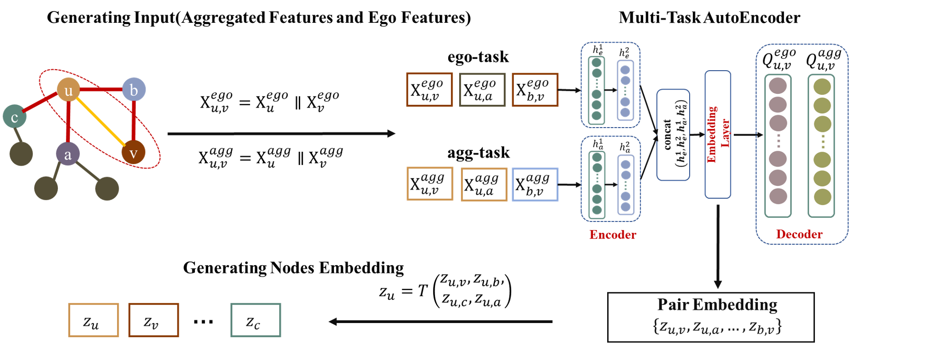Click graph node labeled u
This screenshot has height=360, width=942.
68,90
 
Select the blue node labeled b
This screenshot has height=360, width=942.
134,89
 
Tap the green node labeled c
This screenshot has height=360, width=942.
14,117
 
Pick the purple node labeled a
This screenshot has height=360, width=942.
68,154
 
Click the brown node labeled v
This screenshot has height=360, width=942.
133,153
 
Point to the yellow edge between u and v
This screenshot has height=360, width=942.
101,121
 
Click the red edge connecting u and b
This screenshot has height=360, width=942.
101,89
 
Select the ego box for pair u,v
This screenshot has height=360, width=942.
429,89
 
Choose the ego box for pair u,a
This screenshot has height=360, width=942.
482,90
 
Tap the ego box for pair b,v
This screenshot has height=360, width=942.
535,90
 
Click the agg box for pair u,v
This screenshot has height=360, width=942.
430,184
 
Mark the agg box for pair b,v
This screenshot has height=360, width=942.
535,185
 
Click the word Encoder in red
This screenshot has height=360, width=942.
612,235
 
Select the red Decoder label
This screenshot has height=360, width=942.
799,234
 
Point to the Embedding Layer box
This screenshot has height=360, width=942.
718,134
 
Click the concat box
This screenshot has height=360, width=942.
673,135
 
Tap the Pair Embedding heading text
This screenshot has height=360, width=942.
717,305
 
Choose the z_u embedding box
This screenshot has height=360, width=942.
93,320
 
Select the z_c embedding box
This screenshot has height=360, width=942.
256,320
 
